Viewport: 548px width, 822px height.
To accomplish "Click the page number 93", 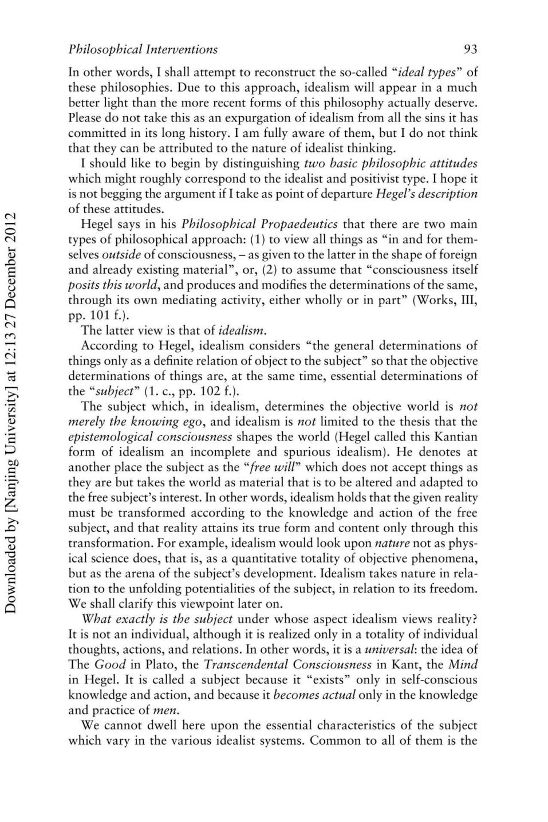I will (470, 49).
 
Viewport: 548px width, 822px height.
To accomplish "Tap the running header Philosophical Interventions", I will (143, 49).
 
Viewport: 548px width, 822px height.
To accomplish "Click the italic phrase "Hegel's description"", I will (426, 194).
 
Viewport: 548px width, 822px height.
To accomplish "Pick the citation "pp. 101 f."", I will (96, 315).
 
